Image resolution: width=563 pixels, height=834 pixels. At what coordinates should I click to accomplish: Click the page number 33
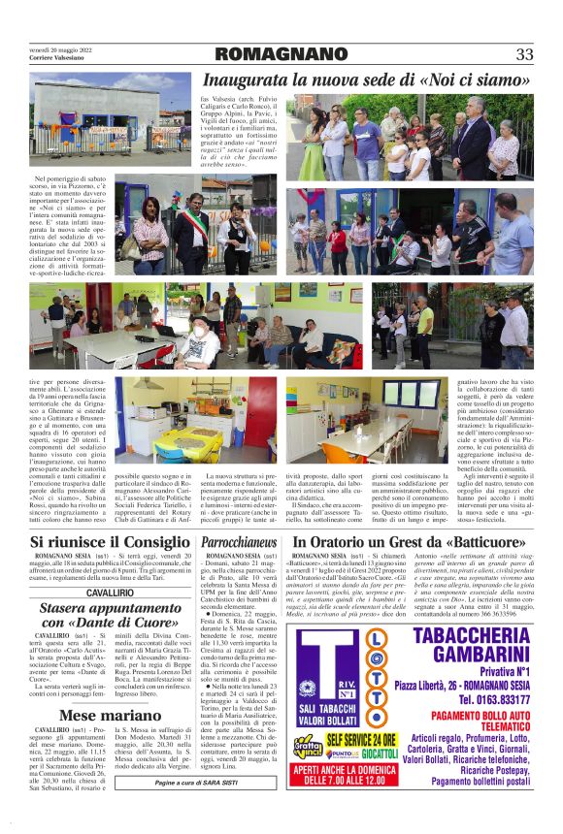click(x=524, y=54)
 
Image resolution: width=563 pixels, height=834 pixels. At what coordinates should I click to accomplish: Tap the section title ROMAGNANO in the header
click(x=281, y=54)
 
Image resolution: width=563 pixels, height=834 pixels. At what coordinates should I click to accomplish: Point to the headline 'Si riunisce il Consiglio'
click(x=109, y=541)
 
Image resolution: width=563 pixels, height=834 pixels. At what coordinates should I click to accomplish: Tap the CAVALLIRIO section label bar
click(x=109, y=592)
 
